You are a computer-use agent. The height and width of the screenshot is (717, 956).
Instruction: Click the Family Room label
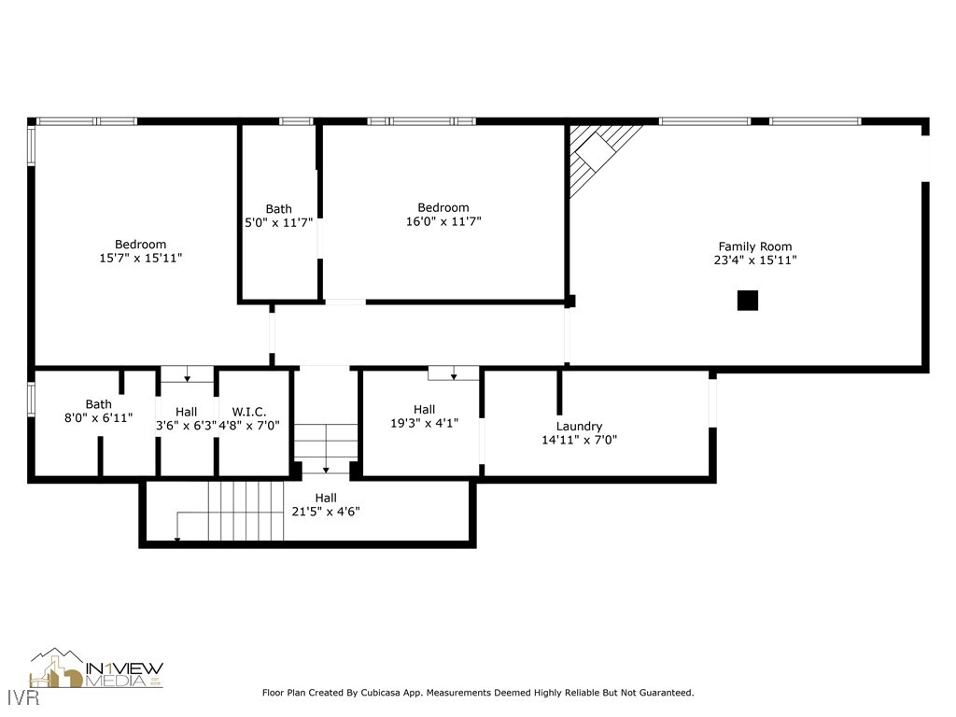754,246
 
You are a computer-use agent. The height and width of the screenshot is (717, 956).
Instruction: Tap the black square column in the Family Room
747,301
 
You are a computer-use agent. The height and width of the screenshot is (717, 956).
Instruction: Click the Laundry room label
579,426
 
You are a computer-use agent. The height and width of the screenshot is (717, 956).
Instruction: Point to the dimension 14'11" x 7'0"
579,440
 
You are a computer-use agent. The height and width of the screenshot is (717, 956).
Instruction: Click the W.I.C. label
249,411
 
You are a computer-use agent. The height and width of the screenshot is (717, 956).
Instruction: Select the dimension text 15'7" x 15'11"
140,258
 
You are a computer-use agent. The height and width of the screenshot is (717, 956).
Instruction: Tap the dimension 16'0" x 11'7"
443,221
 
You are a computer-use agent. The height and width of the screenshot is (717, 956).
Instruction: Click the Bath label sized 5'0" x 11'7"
278,209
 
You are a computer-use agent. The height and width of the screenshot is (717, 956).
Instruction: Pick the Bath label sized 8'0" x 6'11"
98,404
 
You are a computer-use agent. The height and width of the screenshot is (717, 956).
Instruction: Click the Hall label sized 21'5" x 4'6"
325,498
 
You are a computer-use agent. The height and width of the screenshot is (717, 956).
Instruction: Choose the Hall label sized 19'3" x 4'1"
424,409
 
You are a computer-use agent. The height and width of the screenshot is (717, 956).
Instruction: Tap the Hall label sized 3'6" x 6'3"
186,411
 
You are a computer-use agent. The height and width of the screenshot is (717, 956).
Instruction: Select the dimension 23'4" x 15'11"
754,260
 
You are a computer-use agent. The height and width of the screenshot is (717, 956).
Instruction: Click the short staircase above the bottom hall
326,442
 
